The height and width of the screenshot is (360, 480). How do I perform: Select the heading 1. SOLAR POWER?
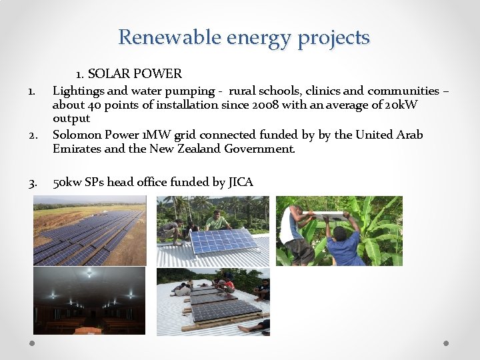(129, 73)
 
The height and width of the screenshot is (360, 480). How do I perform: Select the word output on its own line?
(71, 119)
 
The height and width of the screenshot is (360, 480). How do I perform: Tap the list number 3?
(33, 182)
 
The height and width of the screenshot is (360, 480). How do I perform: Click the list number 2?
(33, 135)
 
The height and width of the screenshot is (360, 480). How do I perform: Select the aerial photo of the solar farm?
(89, 231)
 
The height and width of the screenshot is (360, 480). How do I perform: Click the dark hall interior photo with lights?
(89, 300)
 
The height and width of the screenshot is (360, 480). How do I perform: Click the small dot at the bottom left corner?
(32, 343)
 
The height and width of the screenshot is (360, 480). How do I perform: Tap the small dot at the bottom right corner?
(446, 343)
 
